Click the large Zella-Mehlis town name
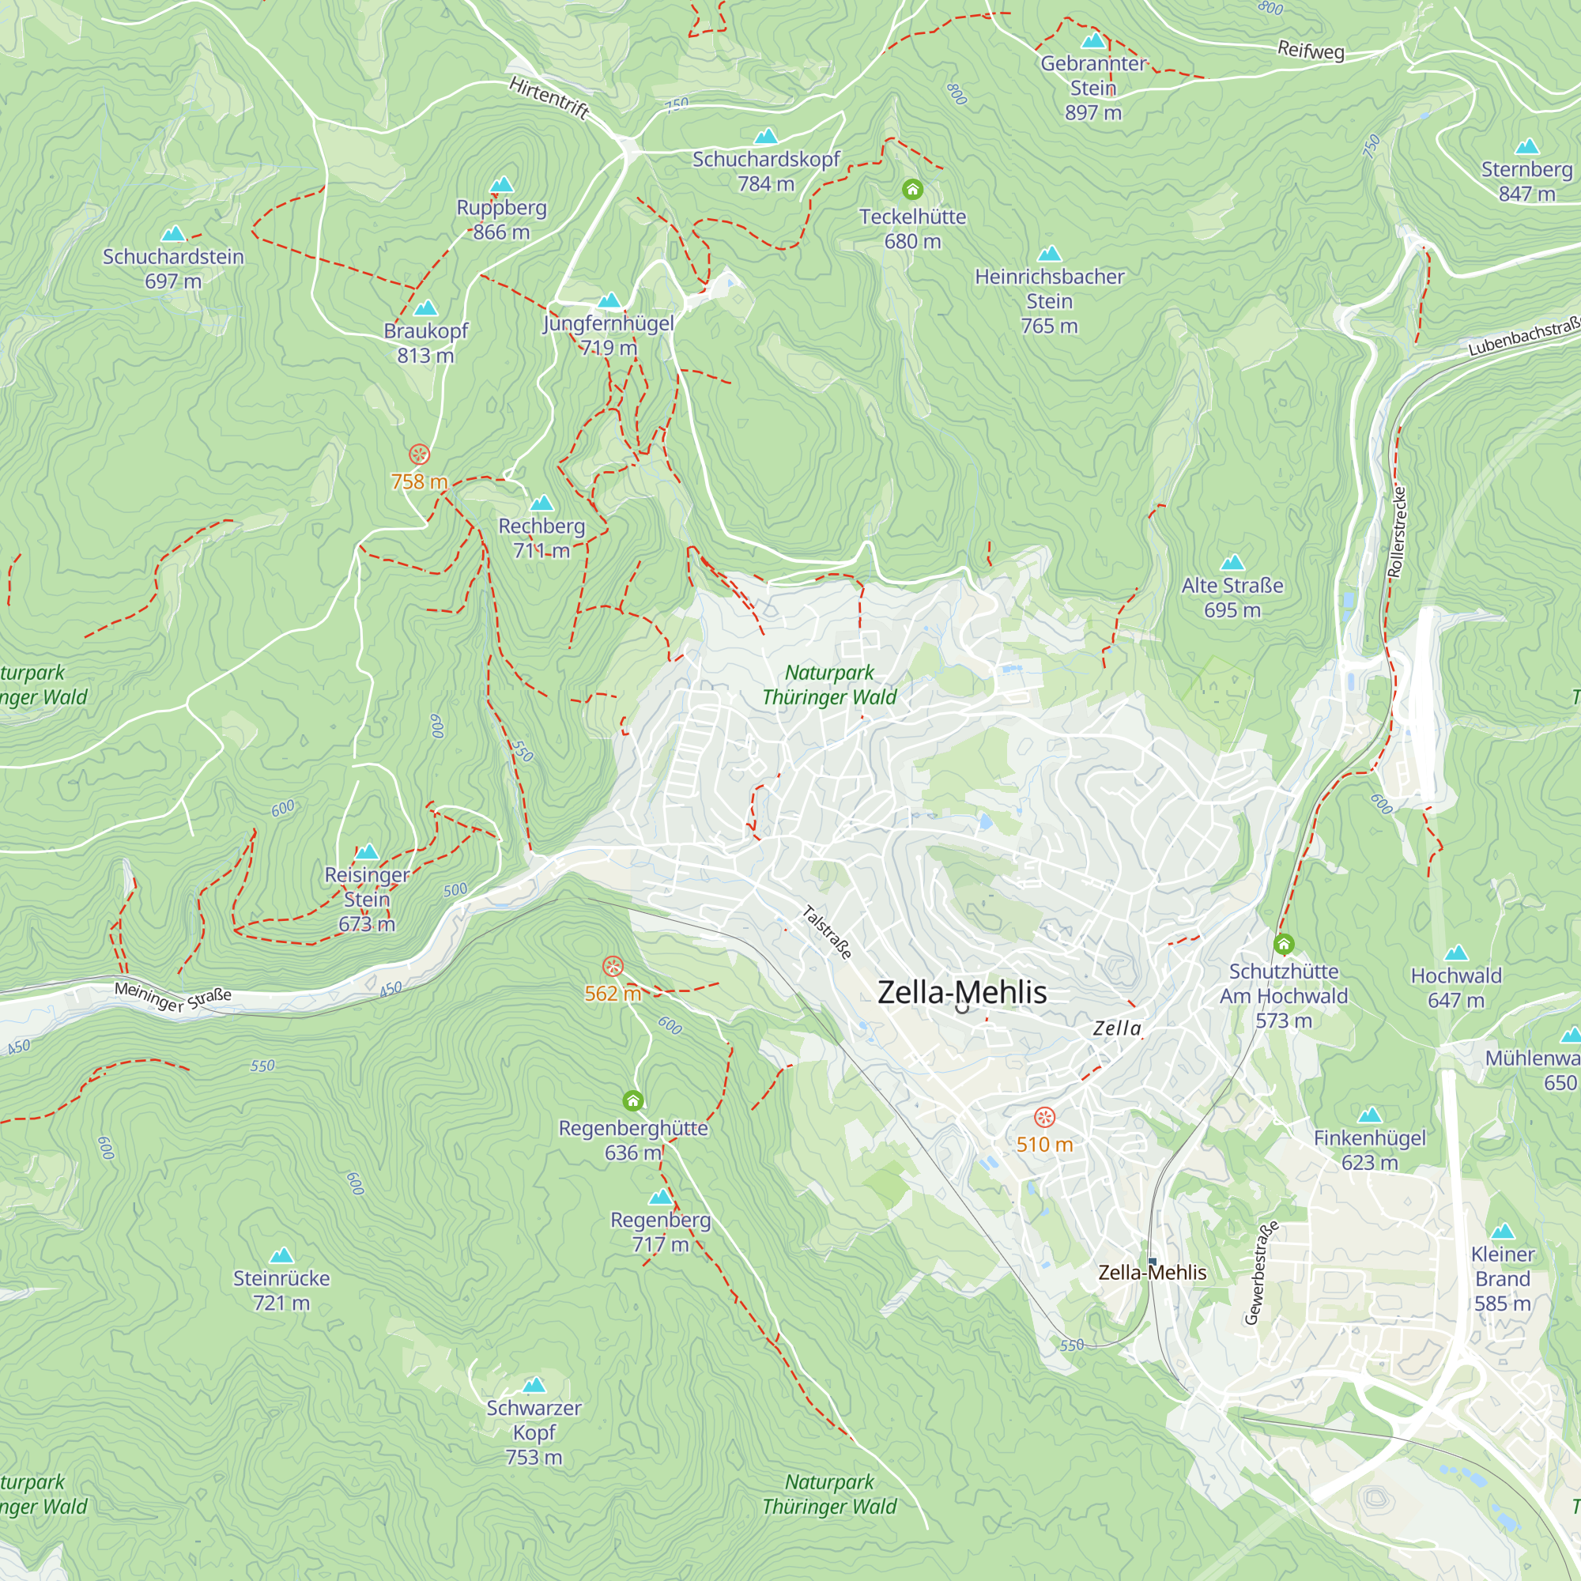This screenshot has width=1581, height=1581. click(x=961, y=993)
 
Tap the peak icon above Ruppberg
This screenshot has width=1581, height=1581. click(x=502, y=185)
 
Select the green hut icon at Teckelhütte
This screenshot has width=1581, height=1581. click(x=912, y=190)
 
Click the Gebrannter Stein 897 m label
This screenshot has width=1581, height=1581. click(x=1092, y=88)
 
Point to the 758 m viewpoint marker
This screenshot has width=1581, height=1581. click(x=419, y=455)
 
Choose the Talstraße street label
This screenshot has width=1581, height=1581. click(x=827, y=932)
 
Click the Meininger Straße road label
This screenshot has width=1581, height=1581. click(x=172, y=996)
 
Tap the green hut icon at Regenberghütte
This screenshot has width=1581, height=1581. click(x=632, y=1100)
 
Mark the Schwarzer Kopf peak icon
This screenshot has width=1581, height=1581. click(x=534, y=1385)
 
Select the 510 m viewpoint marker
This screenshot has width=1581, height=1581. click(x=1044, y=1117)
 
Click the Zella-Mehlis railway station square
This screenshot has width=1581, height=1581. click(x=1153, y=1261)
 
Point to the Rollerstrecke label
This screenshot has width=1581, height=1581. click(x=1398, y=532)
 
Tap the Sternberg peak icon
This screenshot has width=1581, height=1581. click(x=1527, y=147)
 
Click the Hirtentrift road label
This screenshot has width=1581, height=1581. click(x=549, y=97)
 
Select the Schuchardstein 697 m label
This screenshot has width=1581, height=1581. click(x=172, y=269)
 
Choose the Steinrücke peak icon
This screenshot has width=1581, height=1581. click(x=281, y=1255)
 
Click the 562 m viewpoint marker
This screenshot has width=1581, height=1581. click(x=613, y=967)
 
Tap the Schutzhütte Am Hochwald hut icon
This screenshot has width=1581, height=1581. click(x=1284, y=945)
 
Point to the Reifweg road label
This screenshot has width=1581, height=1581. click(x=1311, y=51)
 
